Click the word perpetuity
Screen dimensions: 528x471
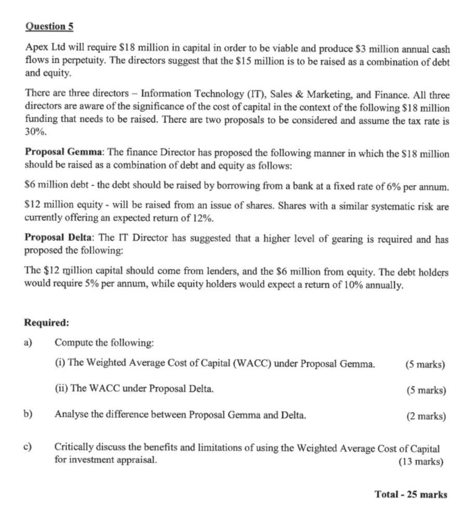[x=69, y=61]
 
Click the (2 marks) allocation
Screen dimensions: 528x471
[x=425, y=416]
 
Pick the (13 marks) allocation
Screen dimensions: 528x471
[x=421, y=460]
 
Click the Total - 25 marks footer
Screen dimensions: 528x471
[x=410, y=494]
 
